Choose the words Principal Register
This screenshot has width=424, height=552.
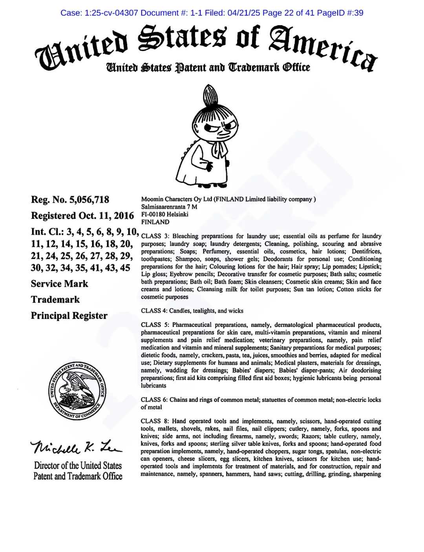point(69,315)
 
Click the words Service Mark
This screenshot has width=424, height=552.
point(60,284)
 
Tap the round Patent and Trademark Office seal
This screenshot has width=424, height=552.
point(77,391)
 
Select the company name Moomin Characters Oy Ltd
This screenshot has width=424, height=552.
point(177,199)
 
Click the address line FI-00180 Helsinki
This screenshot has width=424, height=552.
point(164,214)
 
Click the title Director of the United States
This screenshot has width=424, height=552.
point(78,466)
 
